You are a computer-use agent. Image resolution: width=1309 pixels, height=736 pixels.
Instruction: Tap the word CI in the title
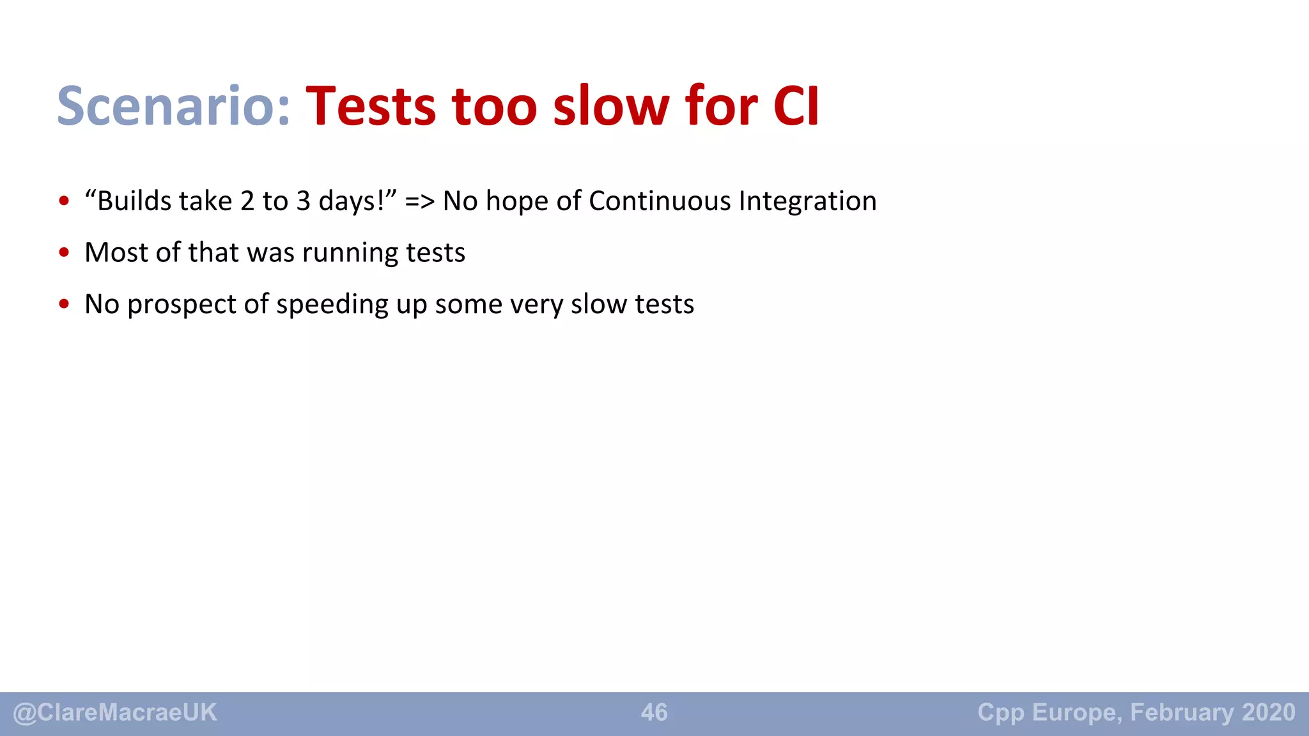click(x=796, y=106)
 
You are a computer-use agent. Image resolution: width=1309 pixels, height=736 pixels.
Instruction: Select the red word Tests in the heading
click(x=371, y=106)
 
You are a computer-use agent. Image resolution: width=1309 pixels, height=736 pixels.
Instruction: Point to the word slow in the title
click(x=610, y=106)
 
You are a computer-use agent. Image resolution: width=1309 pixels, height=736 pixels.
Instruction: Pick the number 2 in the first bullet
click(x=247, y=202)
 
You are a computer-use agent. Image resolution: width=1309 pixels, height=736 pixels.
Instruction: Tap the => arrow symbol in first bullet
click(x=420, y=202)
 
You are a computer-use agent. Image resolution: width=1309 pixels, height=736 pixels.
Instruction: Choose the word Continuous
click(x=660, y=201)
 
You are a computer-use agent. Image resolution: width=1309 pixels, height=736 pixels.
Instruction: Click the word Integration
click(x=808, y=202)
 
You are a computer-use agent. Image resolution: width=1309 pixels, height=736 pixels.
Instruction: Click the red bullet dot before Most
click(x=64, y=252)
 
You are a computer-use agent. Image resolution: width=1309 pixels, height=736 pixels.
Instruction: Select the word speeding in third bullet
click(x=332, y=305)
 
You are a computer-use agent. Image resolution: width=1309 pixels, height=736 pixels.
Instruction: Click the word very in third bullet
click(x=536, y=305)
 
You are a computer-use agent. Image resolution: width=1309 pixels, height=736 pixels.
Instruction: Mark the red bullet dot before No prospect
click(x=64, y=304)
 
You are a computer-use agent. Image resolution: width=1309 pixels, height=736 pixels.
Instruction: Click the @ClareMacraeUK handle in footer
click(x=115, y=712)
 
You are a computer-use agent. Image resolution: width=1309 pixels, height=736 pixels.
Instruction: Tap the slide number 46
click(x=654, y=712)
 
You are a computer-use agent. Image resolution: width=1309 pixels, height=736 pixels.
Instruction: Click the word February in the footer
click(x=1182, y=712)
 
